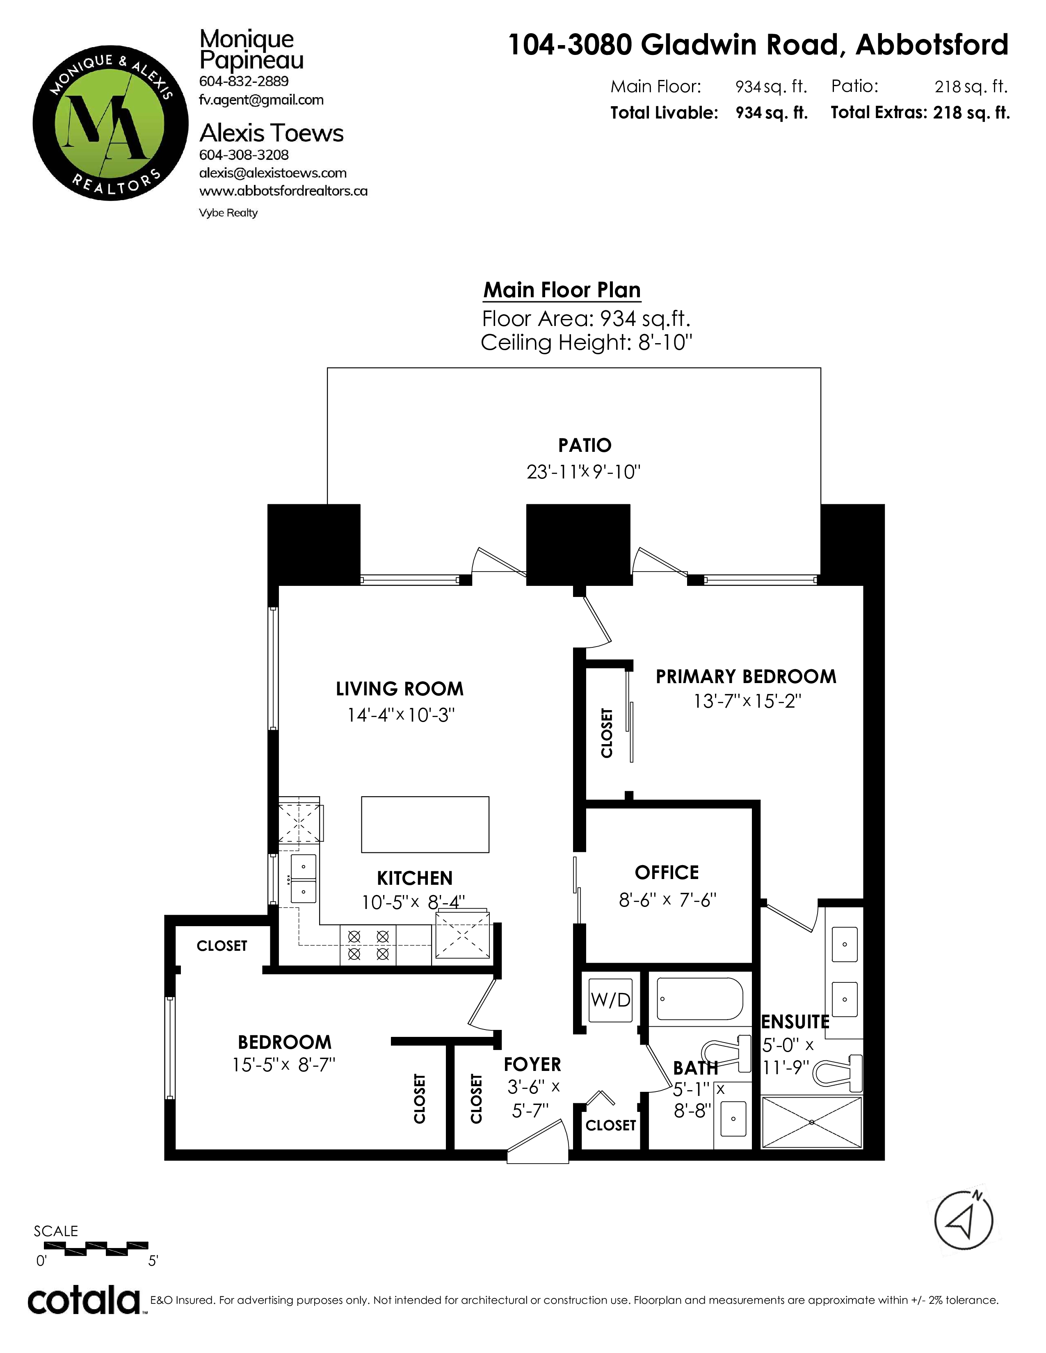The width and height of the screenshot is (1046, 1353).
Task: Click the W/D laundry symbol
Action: (x=610, y=999)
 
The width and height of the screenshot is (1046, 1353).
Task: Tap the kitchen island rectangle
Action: (x=425, y=824)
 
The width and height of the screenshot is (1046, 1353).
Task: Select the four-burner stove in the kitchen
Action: (x=368, y=945)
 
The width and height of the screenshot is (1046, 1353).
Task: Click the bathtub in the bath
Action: (x=700, y=999)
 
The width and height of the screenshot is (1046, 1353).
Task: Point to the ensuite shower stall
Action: (x=811, y=1122)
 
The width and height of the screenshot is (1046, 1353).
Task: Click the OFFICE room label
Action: (x=667, y=872)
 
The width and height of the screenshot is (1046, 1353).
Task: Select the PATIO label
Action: (x=585, y=445)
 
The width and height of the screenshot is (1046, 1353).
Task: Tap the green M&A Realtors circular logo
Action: (x=110, y=123)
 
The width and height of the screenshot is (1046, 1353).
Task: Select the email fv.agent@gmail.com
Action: (x=261, y=100)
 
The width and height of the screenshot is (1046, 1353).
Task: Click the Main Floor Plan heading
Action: (x=562, y=290)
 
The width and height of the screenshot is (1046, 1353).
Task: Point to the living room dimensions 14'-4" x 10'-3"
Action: (x=401, y=715)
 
